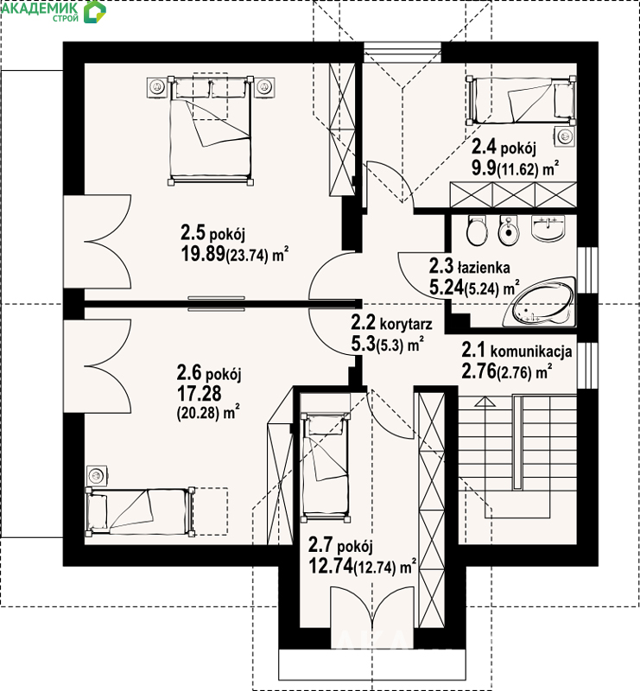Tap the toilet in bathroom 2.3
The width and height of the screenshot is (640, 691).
(476, 231)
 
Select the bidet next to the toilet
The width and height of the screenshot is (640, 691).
(508, 230)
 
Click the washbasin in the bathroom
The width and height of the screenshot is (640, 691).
(548, 228)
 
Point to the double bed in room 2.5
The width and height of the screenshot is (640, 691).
(210, 130)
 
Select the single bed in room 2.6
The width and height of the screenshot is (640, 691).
(140, 511)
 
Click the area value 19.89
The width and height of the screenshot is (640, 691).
(203, 254)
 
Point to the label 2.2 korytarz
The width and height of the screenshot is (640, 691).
(391, 323)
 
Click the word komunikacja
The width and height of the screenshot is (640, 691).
(531, 352)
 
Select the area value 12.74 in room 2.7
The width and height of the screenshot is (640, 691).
(331, 566)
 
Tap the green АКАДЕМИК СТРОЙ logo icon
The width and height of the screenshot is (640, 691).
(95, 12)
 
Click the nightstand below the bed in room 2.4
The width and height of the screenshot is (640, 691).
(566, 136)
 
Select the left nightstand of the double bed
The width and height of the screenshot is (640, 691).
(156, 87)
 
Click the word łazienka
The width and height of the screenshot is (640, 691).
(484, 268)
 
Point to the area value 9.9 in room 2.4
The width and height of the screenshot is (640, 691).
(484, 168)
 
